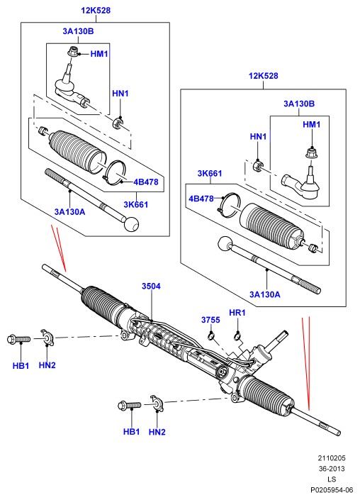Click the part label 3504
[x=151, y=286]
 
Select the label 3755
[x=210, y=320]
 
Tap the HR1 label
[x=237, y=313]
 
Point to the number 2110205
[x=332, y=458]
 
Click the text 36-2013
[x=332, y=469]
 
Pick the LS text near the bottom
[x=332, y=479]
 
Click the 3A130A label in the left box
[x=69, y=212]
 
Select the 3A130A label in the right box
[x=265, y=294]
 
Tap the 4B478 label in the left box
[x=146, y=182]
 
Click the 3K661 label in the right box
[x=210, y=174]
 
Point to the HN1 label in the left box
[x=120, y=94]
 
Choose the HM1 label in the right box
[x=312, y=124]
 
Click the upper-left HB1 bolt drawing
[x=18, y=339]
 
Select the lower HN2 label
[x=157, y=432]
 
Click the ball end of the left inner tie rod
[x=131, y=224]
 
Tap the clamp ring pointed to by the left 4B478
[x=113, y=173]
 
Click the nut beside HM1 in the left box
[x=72, y=51]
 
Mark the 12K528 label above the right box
[x=264, y=76]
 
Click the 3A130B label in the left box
[x=78, y=31]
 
